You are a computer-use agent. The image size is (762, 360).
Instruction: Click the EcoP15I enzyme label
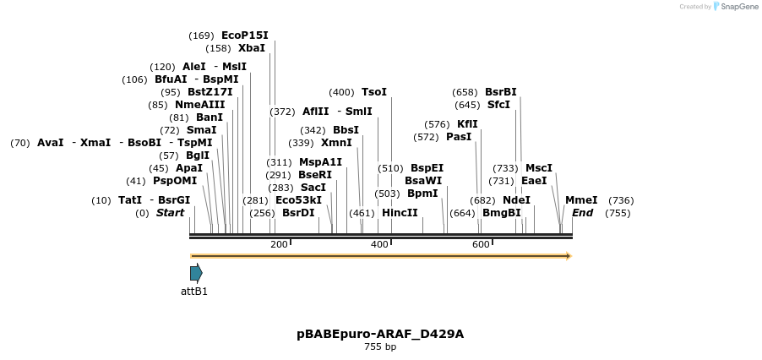click(244, 35)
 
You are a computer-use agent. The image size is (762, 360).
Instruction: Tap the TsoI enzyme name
click(373, 92)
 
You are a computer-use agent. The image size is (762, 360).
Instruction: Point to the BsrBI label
click(500, 92)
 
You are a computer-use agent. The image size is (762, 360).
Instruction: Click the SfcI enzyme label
click(498, 105)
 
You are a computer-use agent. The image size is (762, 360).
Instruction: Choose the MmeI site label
click(581, 200)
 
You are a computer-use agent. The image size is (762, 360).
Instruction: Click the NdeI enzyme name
click(516, 200)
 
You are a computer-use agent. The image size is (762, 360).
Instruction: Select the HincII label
click(400, 213)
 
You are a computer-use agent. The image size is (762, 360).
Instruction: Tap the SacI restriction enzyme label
click(313, 188)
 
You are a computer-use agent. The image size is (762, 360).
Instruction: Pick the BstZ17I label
click(210, 92)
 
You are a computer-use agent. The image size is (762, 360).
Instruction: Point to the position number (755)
click(618, 213)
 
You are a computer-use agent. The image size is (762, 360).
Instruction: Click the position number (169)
click(201, 35)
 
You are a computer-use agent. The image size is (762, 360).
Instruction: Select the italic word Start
click(170, 213)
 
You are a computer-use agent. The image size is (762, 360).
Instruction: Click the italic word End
click(582, 213)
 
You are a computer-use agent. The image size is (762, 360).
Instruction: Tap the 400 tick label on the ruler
click(379, 244)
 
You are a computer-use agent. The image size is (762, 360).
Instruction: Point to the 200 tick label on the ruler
click(279, 244)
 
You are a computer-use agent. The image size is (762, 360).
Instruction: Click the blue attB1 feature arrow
click(196, 273)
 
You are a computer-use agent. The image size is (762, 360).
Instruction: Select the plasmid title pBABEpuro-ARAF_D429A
click(380, 334)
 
